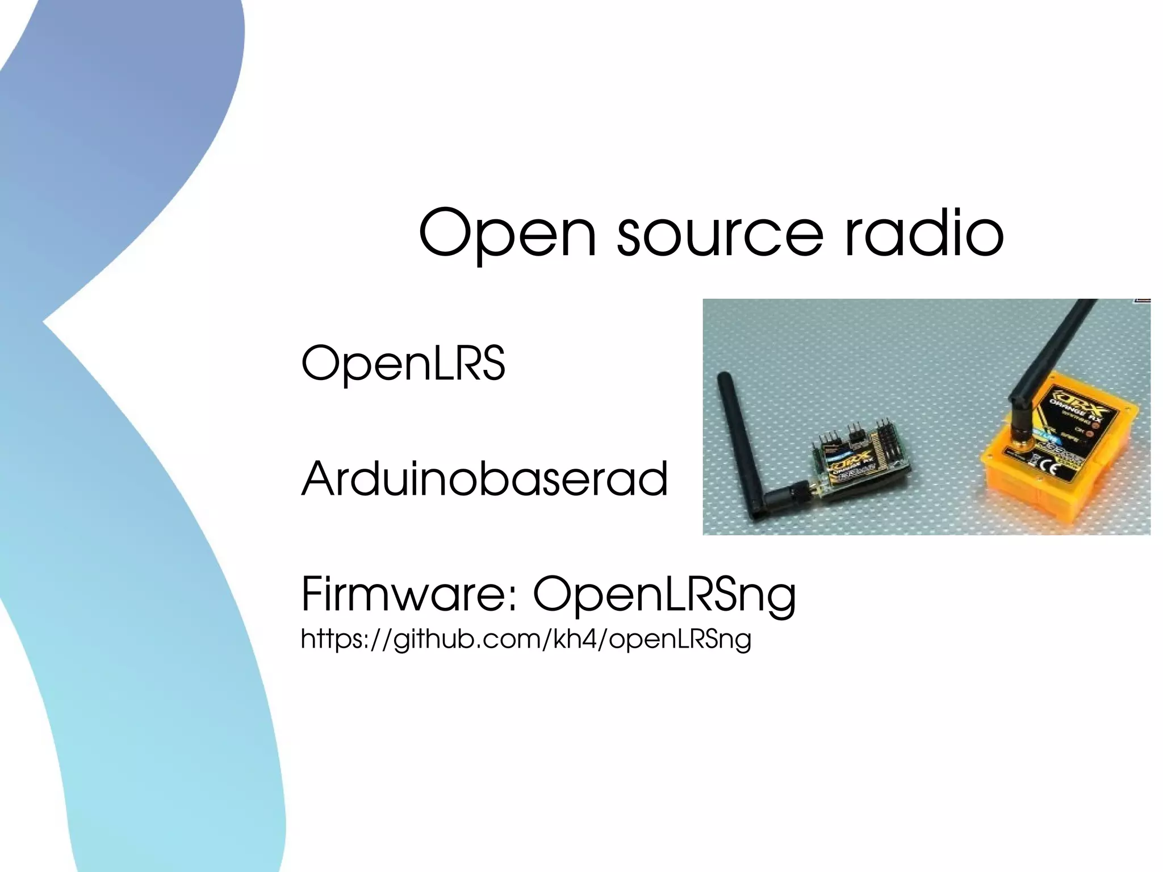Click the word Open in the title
click(508, 233)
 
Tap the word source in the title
click(720, 233)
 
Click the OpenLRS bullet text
click(403, 363)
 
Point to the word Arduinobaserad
click(484, 479)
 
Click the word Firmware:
click(409, 594)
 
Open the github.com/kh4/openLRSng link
click(526, 639)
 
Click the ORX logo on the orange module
click(1076, 406)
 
